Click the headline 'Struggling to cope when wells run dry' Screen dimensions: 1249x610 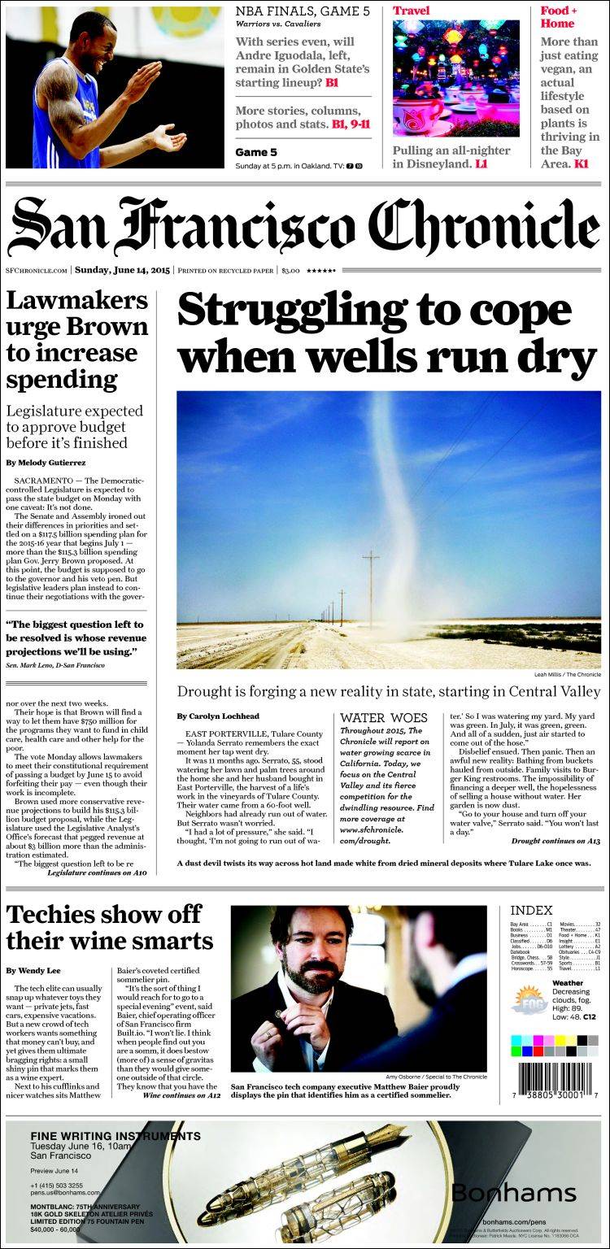387,333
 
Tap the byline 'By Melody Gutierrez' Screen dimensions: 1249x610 46,463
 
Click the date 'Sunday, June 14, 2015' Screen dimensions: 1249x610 122,270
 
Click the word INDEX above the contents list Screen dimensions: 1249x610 531,911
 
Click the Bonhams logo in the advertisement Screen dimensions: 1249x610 513,1193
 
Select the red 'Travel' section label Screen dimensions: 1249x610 412,11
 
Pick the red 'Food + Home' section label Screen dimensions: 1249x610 559,17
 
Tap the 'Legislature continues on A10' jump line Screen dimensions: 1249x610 97,872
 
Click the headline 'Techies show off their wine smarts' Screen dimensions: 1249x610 109,927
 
